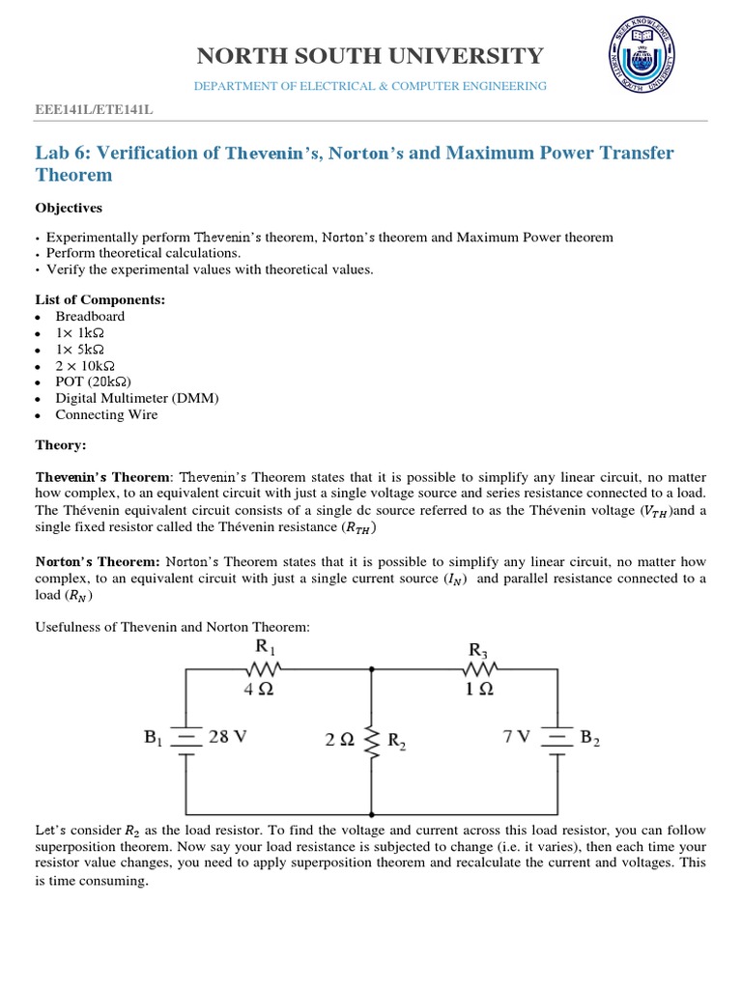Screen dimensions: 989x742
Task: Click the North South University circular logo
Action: tap(656, 61)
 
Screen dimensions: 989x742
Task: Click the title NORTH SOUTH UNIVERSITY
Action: tap(371, 56)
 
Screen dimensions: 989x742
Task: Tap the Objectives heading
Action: tap(69, 208)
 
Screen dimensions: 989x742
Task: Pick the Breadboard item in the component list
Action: tap(90, 316)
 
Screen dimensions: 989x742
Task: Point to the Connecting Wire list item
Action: tap(106, 414)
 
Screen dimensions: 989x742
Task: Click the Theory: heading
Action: tap(61, 445)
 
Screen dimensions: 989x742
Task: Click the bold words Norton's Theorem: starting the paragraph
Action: tap(98, 561)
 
